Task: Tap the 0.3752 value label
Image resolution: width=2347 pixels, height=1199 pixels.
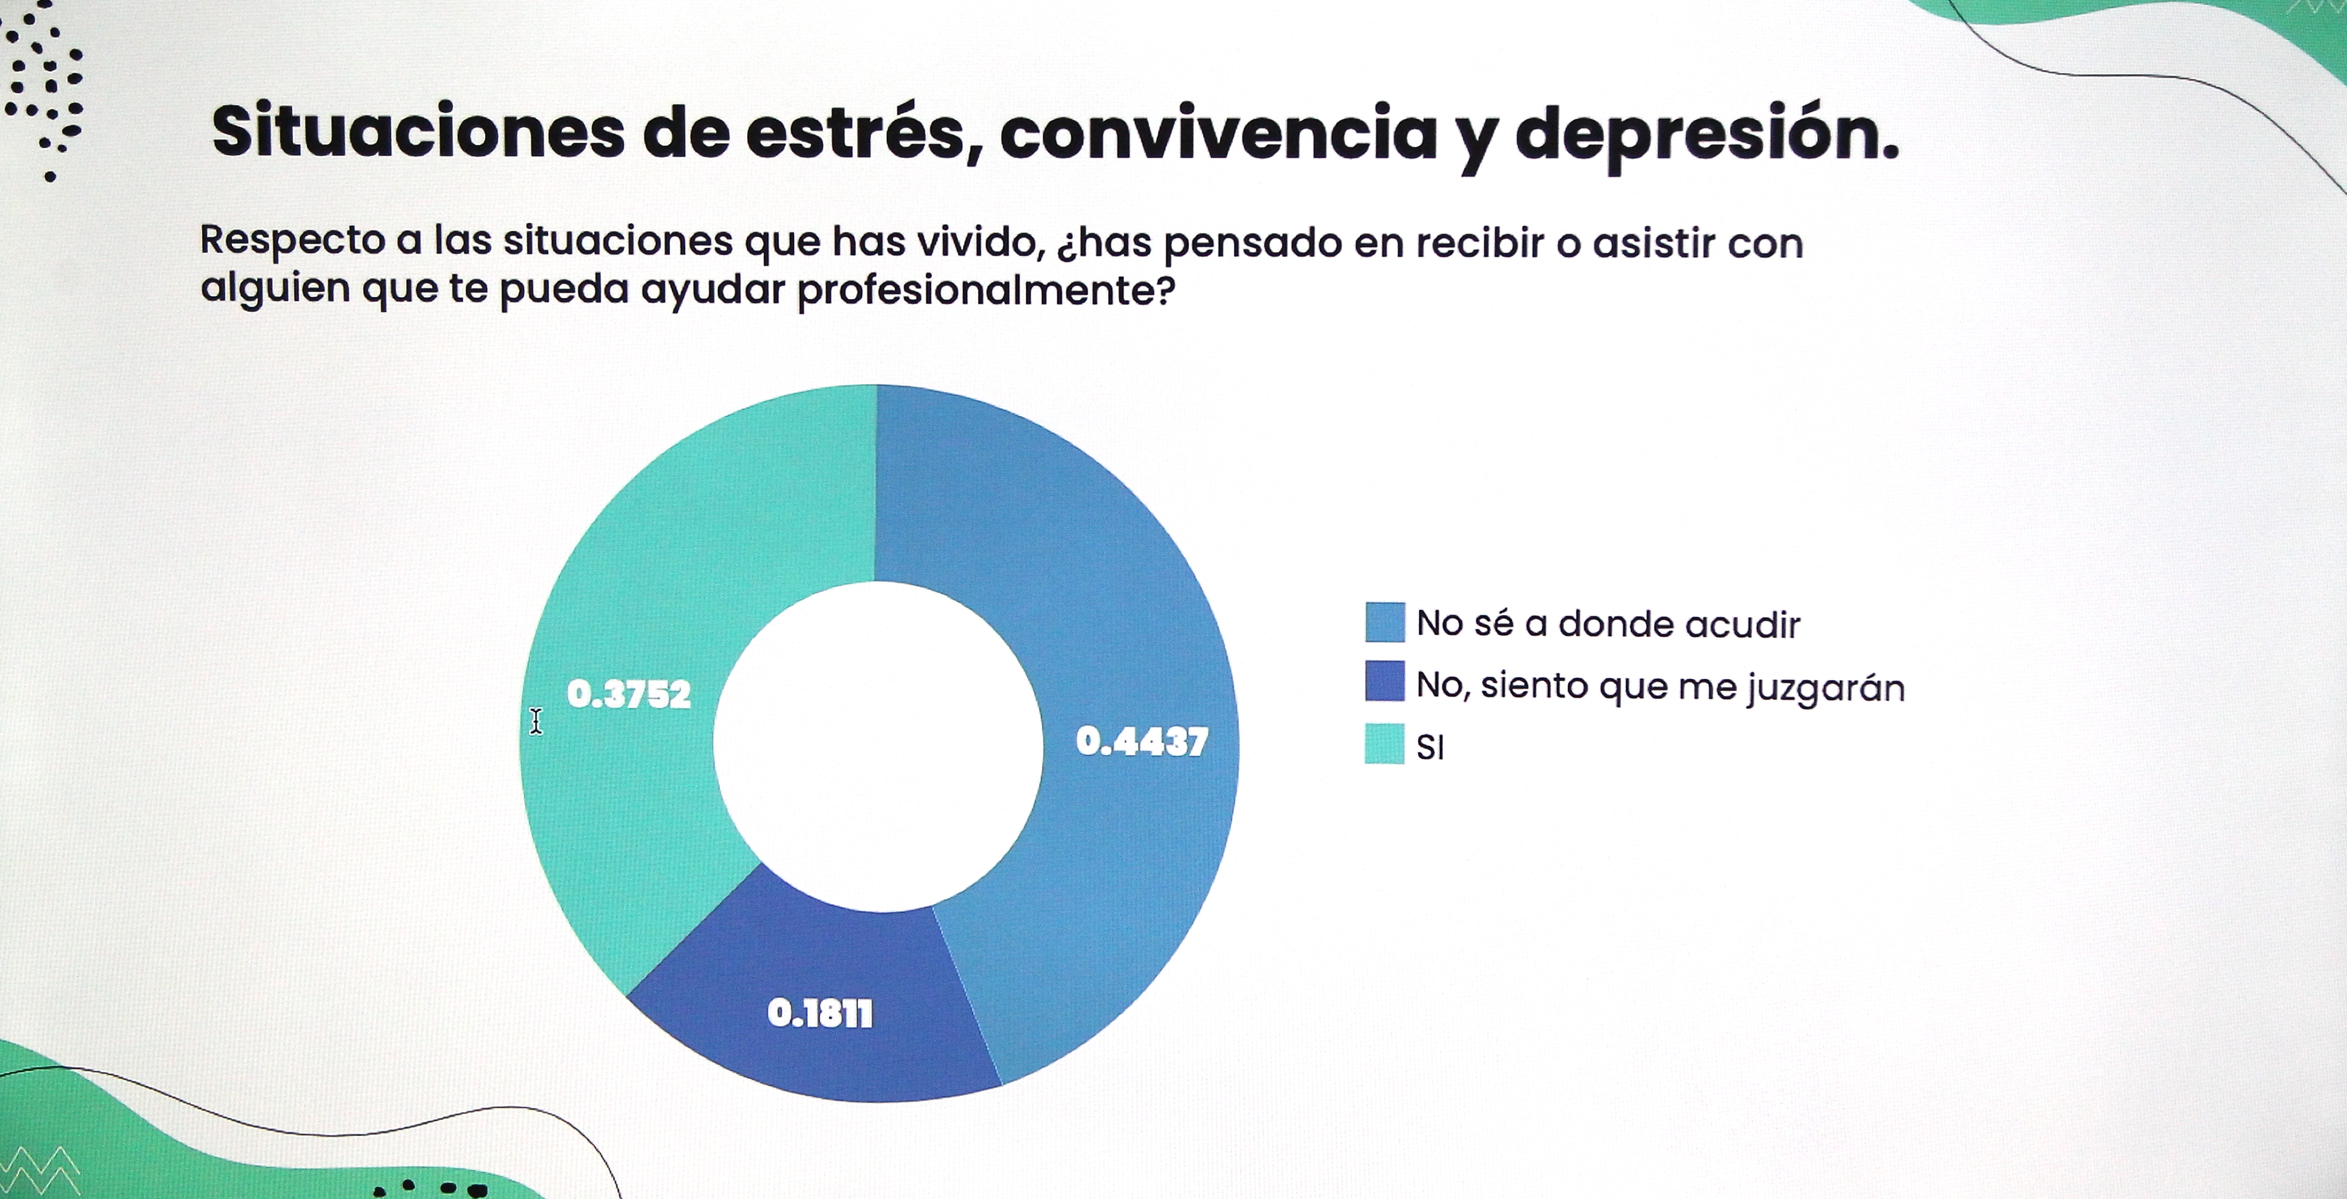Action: pos(629,694)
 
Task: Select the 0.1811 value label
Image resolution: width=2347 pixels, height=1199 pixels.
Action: pos(820,1013)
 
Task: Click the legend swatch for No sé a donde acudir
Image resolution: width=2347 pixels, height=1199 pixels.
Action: pos(1384,622)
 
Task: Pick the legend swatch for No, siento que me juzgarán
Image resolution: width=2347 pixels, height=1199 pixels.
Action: pos(1384,681)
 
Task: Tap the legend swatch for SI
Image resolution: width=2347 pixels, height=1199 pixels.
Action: pos(1384,743)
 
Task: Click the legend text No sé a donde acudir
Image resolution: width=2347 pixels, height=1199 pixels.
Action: pos(1608,624)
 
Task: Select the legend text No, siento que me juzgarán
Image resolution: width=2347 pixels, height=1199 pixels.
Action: pos(1660,685)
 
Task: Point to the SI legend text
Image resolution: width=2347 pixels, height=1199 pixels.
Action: pos(1430,747)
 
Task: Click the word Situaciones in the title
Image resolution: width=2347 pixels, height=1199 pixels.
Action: pos(417,132)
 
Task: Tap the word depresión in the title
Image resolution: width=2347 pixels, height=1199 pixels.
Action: pos(1706,135)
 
